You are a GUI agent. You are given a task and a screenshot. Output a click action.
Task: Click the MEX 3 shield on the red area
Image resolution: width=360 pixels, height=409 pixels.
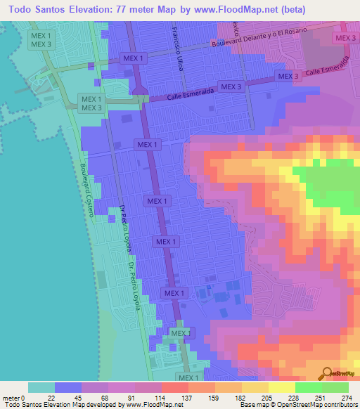[345, 38]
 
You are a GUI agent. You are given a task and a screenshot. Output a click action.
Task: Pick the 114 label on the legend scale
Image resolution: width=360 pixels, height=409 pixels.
[160, 397]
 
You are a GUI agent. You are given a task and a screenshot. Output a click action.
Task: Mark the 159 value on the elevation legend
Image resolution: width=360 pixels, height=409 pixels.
[214, 397]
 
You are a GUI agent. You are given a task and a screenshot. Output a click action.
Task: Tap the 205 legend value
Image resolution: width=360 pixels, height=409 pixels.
[268, 397]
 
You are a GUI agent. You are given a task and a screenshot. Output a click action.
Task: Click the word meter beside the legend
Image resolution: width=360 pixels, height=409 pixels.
[11, 397]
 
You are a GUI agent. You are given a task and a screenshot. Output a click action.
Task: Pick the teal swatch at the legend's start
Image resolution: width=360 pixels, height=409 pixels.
[41, 387]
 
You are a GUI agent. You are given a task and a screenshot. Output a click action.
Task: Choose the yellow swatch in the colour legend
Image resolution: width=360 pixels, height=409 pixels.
[281, 387]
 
